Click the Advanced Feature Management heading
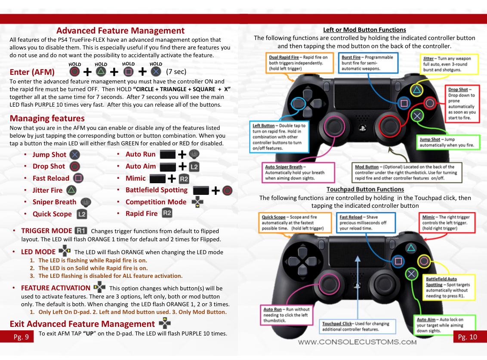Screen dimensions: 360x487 pos(120,31)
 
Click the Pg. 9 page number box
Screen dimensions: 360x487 pos(21,337)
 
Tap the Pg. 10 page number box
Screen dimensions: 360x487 pos(468,337)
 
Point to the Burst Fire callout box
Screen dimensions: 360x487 pos(367,62)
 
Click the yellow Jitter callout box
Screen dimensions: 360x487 pos(449,64)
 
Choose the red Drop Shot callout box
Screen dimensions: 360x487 pos(461,104)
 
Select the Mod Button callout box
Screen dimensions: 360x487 pos(407,172)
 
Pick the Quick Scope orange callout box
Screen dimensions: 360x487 pos(295,223)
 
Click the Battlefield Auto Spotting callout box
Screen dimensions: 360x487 pos(449,287)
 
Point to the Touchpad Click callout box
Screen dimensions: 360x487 pos(355,326)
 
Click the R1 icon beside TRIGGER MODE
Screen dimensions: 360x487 pos(81,231)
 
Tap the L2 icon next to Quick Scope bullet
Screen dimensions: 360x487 pos(82,214)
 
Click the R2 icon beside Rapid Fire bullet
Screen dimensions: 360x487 pos(167,213)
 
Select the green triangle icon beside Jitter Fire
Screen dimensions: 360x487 pos(71,190)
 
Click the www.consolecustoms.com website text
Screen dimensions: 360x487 pos(357,342)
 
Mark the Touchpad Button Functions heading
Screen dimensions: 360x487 pos(365,189)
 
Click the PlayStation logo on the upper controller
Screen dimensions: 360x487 pos(362,128)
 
